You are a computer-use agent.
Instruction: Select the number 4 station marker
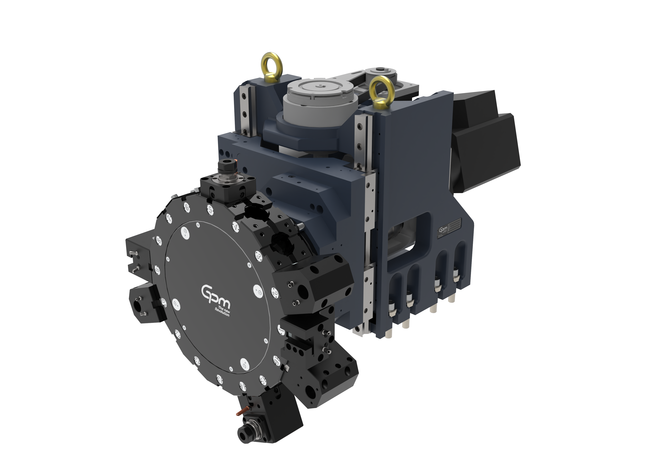235,226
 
